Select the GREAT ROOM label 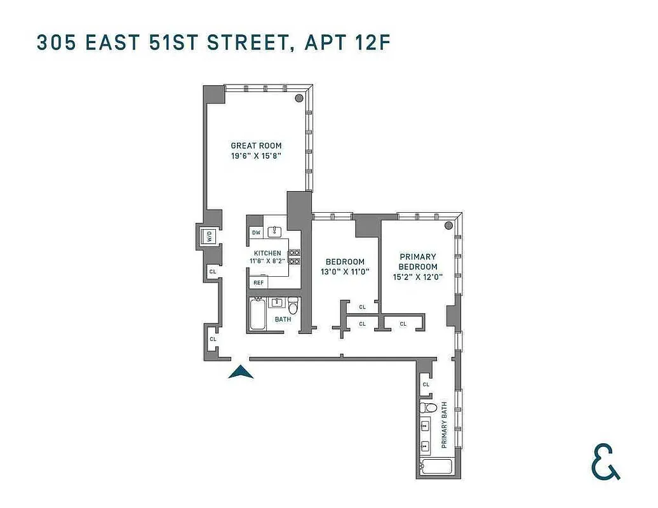tap(256, 145)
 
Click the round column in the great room tap(299, 98)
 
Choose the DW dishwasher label tap(257, 233)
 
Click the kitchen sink tap(277, 231)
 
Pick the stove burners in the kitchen tap(295, 257)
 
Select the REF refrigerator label tap(258, 283)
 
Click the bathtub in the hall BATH tap(258, 314)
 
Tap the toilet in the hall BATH tap(293, 305)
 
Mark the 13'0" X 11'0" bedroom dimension tap(345, 272)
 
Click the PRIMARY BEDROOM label tap(418, 262)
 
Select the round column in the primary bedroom tap(448, 225)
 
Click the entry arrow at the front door tap(241, 372)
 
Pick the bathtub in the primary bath tap(436, 467)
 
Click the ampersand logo tap(605, 462)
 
